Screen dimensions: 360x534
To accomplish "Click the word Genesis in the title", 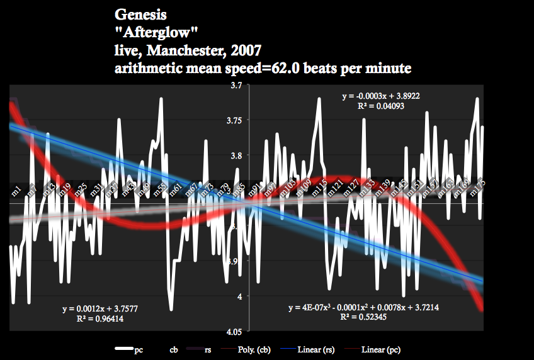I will click(x=142, y=13).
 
